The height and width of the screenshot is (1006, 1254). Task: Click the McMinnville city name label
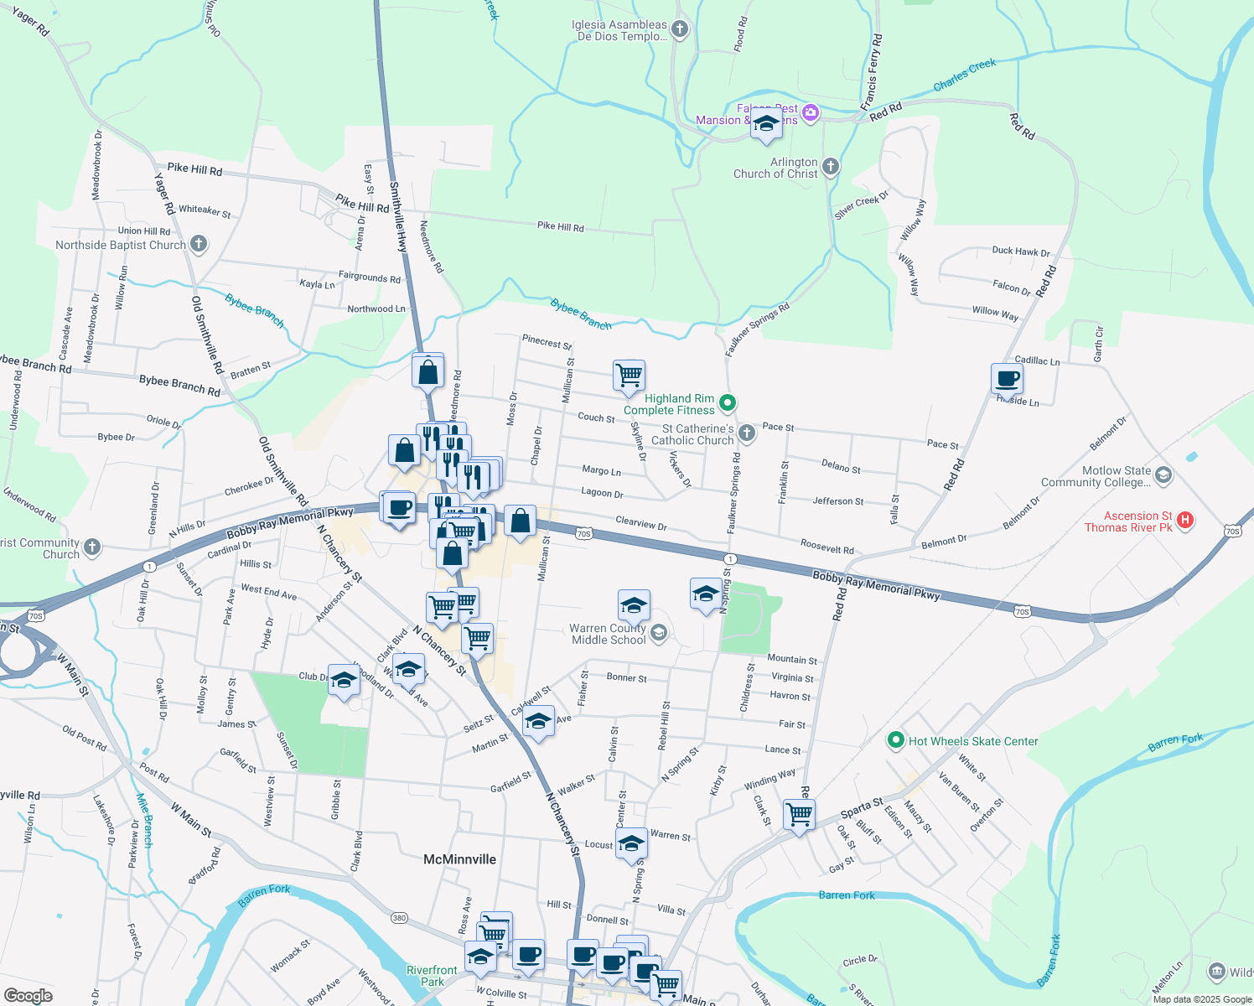point(459,859)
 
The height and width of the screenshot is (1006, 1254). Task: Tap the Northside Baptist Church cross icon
point(199,245)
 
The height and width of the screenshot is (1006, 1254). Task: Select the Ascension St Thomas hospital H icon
point(1185,521)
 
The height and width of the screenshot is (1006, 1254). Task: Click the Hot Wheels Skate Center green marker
point(896,740)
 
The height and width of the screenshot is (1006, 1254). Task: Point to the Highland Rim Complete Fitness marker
point(728,403)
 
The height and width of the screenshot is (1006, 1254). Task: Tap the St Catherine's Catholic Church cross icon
point(747,433)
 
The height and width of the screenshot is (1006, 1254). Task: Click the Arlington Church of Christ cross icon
point(831,167)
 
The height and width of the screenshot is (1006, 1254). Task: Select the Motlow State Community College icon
point(1163,476)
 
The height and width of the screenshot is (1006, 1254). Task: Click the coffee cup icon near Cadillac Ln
point(1007,378)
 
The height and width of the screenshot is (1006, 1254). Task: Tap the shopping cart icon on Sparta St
point(799,812)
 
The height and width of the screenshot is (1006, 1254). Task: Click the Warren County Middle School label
point(609,634)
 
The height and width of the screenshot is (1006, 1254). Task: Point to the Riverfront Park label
point(432,976)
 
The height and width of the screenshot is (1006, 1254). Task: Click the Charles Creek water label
point(965,75)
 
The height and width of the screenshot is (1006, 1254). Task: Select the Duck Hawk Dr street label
point(1020,251)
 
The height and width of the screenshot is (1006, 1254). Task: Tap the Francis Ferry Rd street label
point(872,73)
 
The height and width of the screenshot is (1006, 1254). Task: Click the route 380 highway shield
point(399,918)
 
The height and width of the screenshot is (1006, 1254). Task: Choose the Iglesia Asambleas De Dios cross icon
point(680,30)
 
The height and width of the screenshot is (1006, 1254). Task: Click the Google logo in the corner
point(28,996)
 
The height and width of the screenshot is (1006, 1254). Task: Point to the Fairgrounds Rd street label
point(369,277)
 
